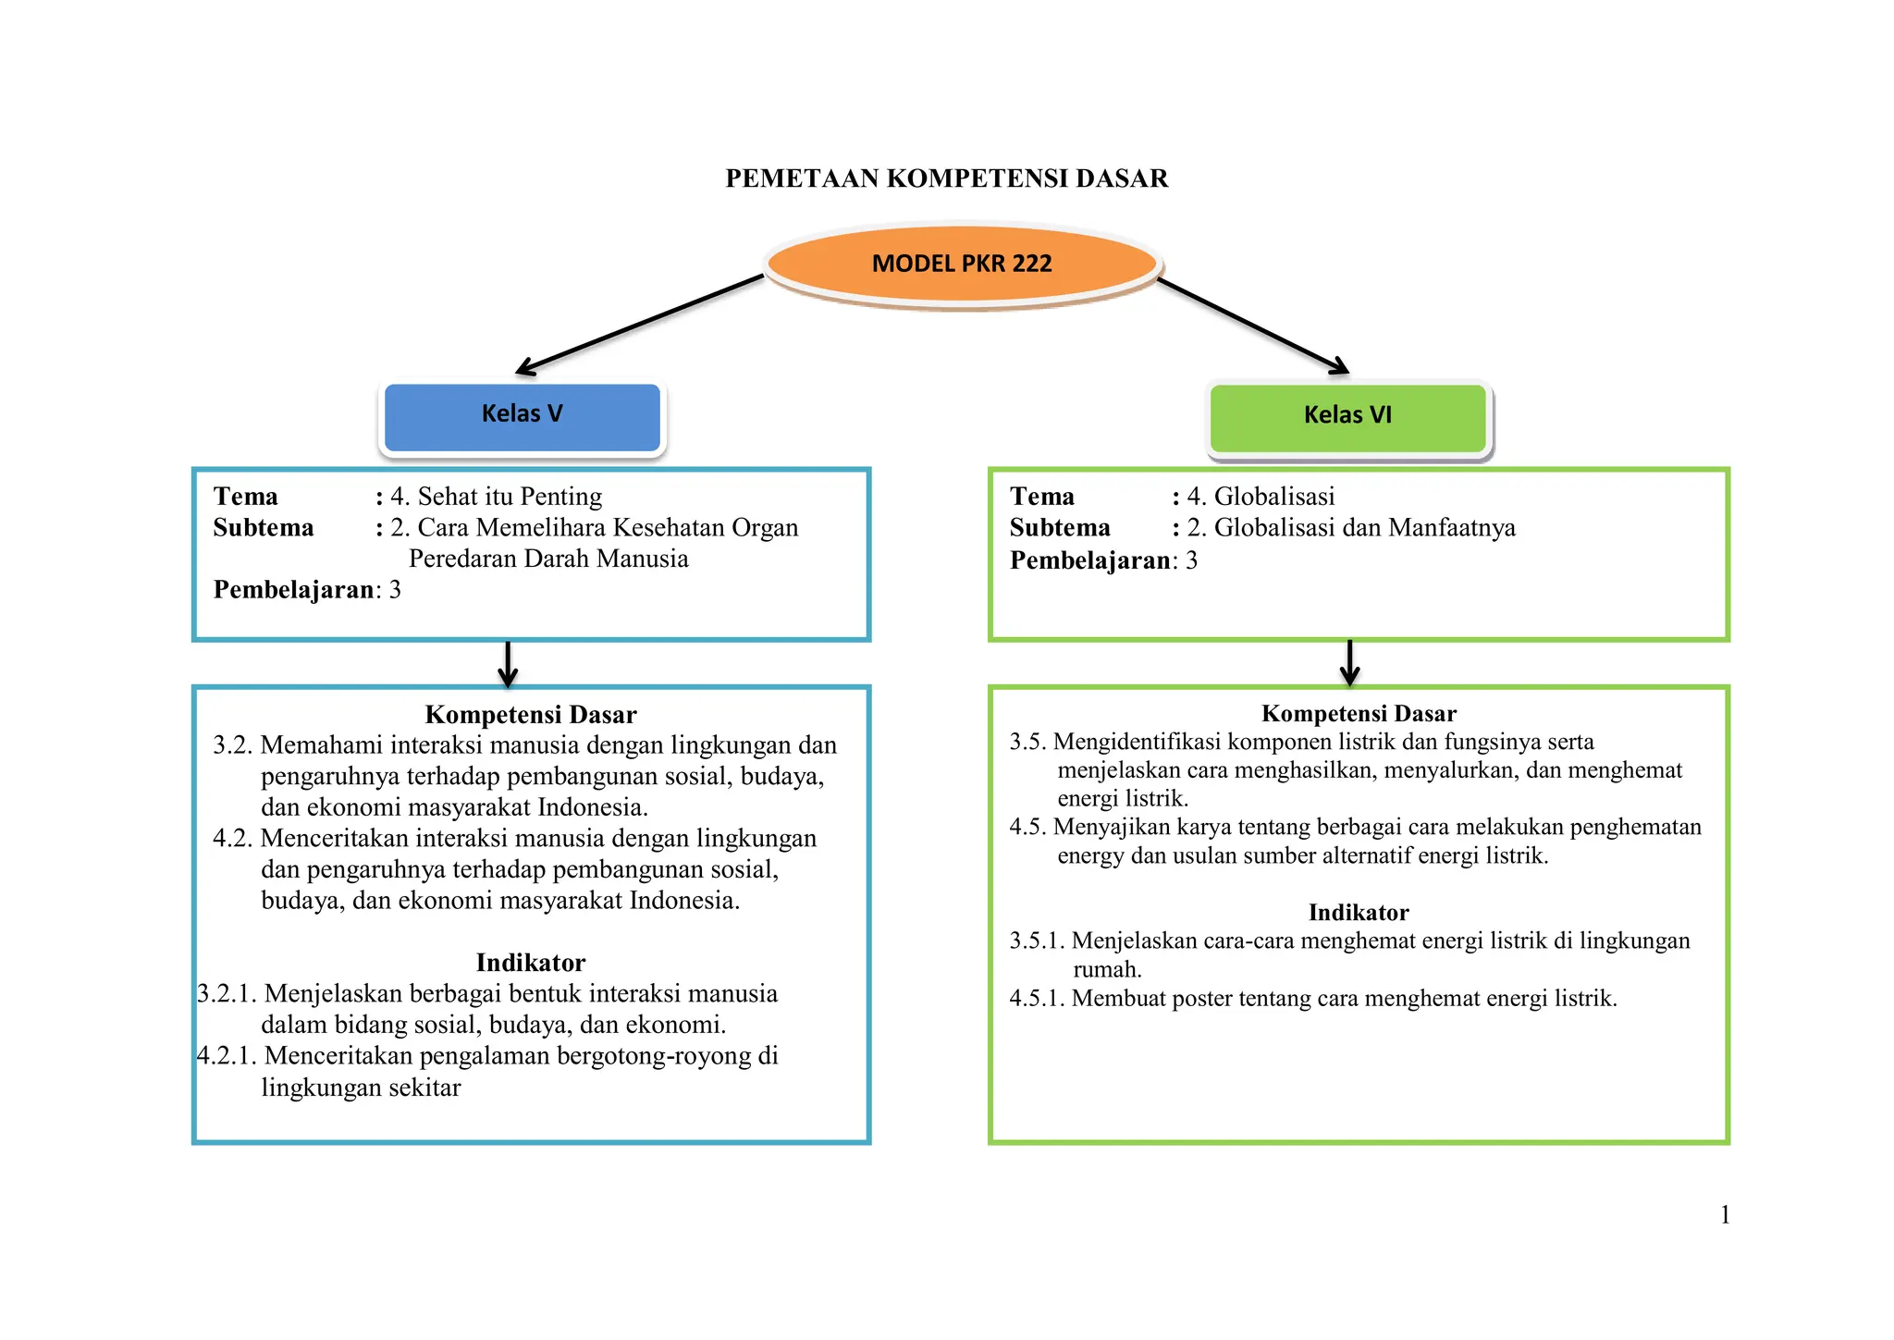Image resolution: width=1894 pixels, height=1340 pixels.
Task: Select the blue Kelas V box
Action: tap(523, 417)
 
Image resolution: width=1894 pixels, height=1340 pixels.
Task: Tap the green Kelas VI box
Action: tap(1348, 418)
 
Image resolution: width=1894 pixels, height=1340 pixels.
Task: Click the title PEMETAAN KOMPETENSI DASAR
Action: tap(947, 178)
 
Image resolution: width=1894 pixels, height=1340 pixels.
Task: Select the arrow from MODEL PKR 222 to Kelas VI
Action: tap(1253, 326)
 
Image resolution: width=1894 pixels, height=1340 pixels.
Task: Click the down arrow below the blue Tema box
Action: tap(508, 663)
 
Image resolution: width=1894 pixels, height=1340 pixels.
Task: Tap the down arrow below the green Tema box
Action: tap(1350, 663)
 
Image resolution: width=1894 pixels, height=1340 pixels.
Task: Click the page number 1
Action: tap(1725, 1215)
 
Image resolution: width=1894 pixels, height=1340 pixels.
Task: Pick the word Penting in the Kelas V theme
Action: tap(560, 498)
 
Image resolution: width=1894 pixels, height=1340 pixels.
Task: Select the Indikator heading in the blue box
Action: tap(531, 963)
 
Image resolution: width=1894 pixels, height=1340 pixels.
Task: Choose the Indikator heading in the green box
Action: tap(1359, 913)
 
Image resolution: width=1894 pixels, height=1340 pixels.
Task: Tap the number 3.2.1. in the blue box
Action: tap(227, 994)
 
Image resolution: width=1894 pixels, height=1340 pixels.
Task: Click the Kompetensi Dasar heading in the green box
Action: tap(1359, 714)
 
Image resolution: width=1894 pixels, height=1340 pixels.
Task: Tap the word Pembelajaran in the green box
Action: tap(1089, 560)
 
